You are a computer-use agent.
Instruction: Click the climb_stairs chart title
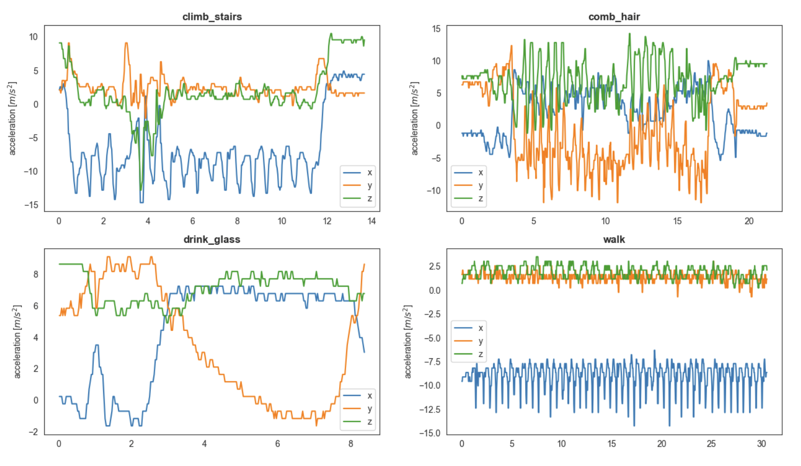pos(212,16)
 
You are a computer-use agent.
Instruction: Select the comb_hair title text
pos(614,16)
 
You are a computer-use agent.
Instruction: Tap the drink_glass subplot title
pos(212,239)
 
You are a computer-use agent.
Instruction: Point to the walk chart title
pos(614,239)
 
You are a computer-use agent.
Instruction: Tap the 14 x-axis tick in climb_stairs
pos(371,221)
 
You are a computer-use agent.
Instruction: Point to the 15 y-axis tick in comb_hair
pos(436,29)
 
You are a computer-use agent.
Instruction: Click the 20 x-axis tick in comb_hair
pos(748,221)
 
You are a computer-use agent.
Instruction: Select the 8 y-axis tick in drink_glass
pos(35,274)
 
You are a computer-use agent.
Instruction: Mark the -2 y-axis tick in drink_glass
pos(33,432)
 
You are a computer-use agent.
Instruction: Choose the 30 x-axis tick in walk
pos(761,444)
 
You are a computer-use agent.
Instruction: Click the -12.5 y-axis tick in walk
pos(430,409)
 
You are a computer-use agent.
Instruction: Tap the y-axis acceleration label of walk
pos(408,341)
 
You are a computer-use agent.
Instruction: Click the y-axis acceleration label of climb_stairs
pos(12,119)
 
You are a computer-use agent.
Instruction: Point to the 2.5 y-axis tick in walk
pos(434,266)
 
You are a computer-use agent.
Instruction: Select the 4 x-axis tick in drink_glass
pos(204,444)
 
